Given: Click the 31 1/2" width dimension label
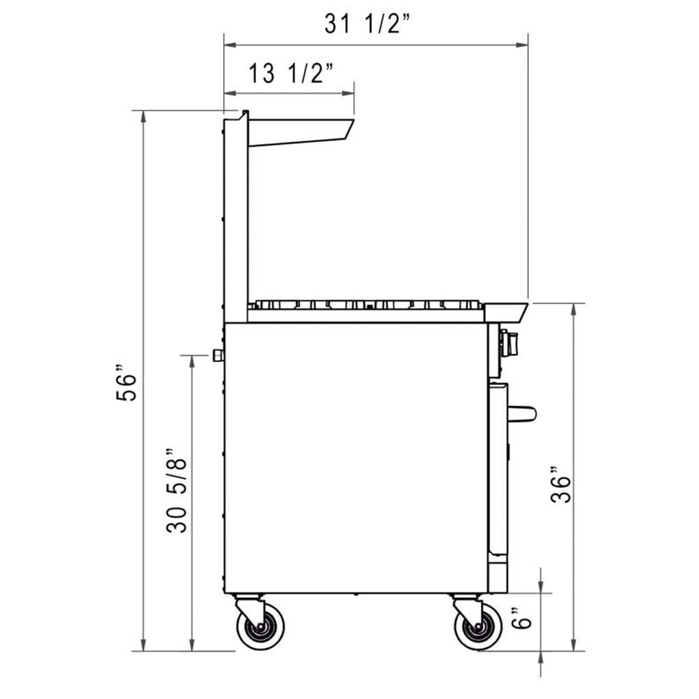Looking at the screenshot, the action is tap(366, 23).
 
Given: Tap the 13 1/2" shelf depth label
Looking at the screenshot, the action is tap(291, 73).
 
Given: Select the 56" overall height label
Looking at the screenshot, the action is tap(126, 383).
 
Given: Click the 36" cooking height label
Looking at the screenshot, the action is tap(561, 485).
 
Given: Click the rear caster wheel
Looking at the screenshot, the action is tap(260, 626).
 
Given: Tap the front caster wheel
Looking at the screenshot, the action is tap(478, 626).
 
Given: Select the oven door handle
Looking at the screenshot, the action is tap(521, 413).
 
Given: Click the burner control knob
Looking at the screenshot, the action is tap(510, 343).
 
